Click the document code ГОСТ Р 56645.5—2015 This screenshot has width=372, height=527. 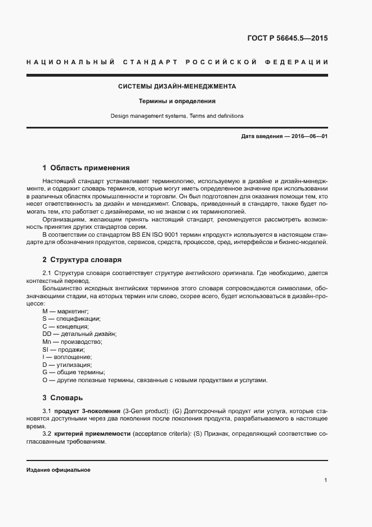click(287, 39)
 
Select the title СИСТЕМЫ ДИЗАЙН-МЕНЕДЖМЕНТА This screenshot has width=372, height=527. click(177, 87)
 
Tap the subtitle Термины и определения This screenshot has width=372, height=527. click(177, 101)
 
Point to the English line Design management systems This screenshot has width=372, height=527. click(177, 116)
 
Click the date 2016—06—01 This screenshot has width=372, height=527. click(309, 136)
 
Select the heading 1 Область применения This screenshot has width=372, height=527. click(86, 167)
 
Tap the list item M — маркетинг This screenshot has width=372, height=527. click(66, 311)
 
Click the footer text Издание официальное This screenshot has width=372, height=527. click(59, 470)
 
